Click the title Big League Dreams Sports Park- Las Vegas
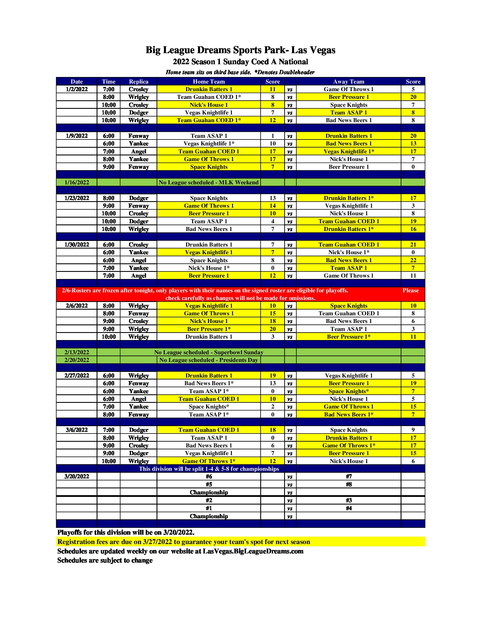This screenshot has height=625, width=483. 240,50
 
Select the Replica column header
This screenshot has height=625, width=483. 138,82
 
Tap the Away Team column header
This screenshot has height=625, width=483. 349,82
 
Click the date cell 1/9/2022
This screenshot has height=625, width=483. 76,136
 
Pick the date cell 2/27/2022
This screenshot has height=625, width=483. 76,376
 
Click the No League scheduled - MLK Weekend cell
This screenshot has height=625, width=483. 209,182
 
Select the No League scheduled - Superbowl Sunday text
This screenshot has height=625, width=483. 209,352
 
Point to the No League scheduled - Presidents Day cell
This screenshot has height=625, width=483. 209,360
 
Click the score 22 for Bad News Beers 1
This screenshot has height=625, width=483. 413,260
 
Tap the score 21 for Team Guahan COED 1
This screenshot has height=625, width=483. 413,245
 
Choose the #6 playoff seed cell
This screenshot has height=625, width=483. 209,476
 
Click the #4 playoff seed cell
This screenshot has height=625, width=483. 349,508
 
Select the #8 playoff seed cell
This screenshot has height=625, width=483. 349,484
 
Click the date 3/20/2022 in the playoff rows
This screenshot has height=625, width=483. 76,476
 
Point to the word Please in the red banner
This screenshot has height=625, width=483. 410,290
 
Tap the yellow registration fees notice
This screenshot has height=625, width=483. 184,542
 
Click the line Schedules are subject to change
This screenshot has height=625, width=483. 105,560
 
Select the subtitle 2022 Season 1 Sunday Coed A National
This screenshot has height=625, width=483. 240,62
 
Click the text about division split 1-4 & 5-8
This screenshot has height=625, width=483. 209,469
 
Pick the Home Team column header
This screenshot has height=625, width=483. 209,82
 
